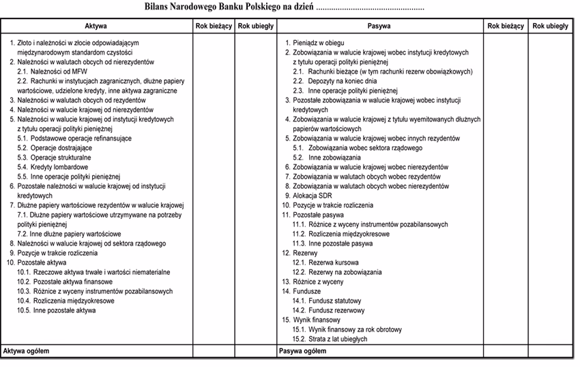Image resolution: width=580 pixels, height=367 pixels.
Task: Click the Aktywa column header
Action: (96, 26)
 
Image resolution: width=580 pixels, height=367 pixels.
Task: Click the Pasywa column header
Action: (379, 26)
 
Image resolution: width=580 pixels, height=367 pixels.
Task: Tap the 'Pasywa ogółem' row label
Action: (303, 351)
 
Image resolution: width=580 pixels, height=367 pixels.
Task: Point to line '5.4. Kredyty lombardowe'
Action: (53, 166)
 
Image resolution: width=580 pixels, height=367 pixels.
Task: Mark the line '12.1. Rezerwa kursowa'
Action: (325, 262)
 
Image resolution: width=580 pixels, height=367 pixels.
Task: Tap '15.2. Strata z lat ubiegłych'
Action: (330, 338)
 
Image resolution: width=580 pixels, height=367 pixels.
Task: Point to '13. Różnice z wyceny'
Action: (314, 281)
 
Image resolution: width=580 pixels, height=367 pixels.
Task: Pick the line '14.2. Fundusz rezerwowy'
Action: (328, 310)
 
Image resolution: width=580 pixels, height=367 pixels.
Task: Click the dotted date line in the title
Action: (371, 9)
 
